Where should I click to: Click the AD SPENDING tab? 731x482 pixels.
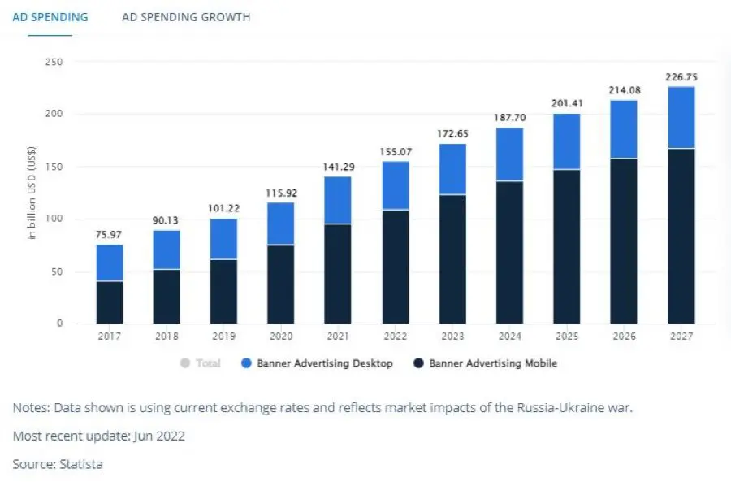[x=50, y=17]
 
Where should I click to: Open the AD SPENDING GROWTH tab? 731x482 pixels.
[x=186, y=17]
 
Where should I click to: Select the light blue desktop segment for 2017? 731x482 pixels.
[x=110, y=263]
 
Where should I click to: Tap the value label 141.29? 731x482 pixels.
[x=338, y=167]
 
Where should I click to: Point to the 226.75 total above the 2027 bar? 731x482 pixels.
[x=681, y=77]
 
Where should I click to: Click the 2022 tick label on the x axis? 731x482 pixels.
[x=396, y=336]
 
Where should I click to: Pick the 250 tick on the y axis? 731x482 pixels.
[x=55, y=62]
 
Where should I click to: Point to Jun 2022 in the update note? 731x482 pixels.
[x=157, y=436]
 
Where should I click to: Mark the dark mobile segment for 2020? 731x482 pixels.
[x=281, y=284]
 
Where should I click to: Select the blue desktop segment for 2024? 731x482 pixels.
[x=510, y=154]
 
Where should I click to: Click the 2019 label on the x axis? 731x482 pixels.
[x=224, y=336]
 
